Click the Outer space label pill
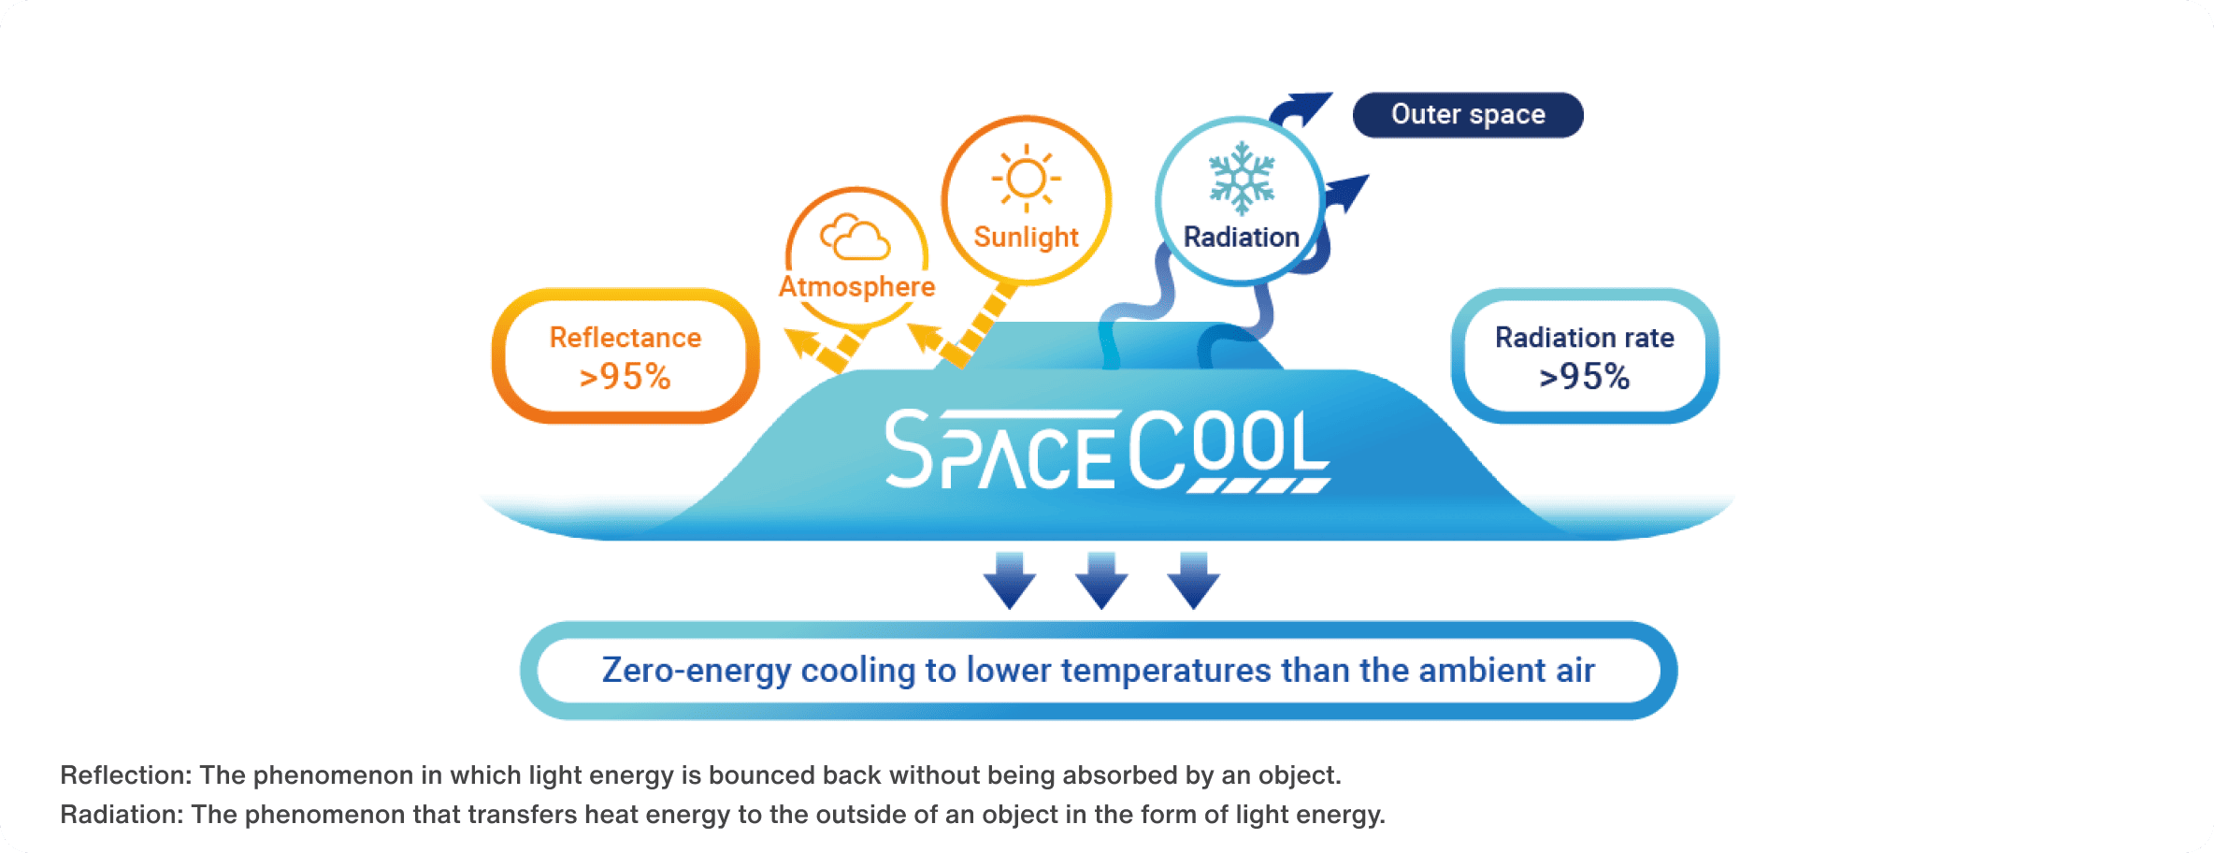coord(1468,115)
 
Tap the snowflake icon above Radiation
coord(1242,178)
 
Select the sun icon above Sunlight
coord(1027,178)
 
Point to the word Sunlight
coord(1027,238)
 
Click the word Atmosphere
coord(857,286)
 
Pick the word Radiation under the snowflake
coord(1242,238)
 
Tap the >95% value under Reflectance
coord(625,377)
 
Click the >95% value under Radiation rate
coord(1585,377)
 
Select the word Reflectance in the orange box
coord(625,338)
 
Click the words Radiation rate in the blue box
coord(1585,338)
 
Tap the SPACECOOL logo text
coord(1108,450)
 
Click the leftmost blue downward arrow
coord(1010,580)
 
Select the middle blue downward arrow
coord(1101,580)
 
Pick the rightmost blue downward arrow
coord(1193,580)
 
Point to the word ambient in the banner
coord(1482,671)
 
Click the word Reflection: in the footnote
coord(125,775)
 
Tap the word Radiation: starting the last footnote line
coord(122,815)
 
